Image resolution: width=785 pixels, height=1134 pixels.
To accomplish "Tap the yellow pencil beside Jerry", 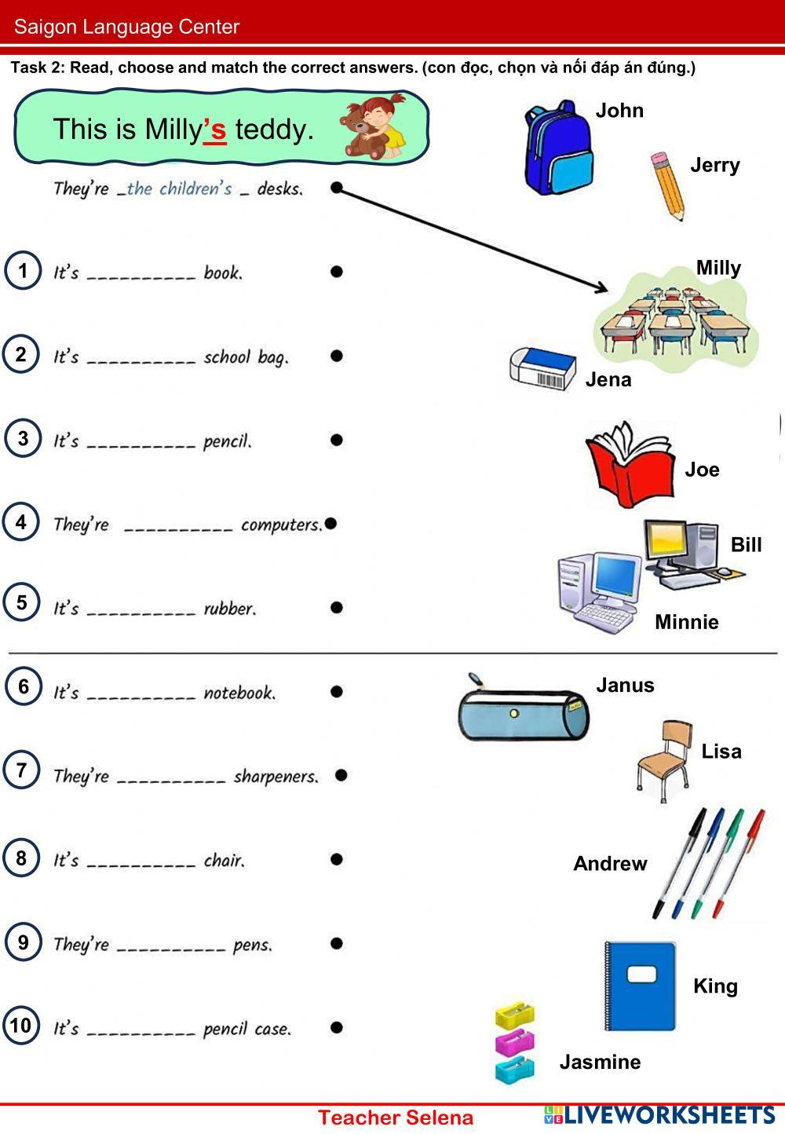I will click(x=668, y=186).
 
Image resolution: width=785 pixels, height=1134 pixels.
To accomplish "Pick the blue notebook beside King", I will click(x=640, y=986).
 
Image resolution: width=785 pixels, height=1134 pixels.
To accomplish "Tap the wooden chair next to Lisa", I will click(x=664, y=759).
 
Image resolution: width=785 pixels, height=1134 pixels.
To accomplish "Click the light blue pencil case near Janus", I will click(x=523, y=712).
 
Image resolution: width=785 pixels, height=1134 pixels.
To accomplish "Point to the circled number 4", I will click(x=21, y=522).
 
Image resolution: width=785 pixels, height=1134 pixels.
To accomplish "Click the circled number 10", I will click(x=21, y=1025).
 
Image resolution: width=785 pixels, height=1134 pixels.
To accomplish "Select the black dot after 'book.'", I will click(x=337, y=272).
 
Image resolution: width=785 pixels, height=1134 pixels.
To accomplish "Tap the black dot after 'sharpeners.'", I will click(x=341, y=775).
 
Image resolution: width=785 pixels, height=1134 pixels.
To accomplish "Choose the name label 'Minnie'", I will click(x=687, y=622).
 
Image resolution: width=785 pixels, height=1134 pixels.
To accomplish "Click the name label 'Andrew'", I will click(x=610, y=863).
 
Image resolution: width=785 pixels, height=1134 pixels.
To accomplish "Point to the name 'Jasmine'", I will click(x=600, y=1062).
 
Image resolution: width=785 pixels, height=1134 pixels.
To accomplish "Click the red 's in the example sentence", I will click(x=214, y=130).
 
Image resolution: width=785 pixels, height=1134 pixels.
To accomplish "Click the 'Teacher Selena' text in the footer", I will click(x=396, y=1118).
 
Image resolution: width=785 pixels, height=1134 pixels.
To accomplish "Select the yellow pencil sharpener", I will click(x=514, y=1015).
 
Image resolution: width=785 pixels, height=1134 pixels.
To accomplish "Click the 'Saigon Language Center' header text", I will click(x=126, y=27).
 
